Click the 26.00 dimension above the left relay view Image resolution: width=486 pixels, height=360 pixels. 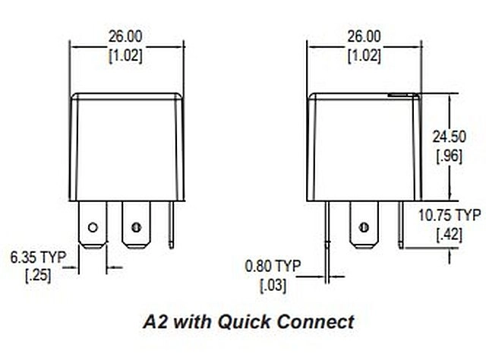click(125, 36)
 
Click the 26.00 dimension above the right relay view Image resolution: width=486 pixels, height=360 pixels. click(364, 36)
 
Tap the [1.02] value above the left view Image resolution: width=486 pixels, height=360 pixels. click(125, 56)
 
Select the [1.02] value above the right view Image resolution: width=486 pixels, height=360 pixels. click(364, 56)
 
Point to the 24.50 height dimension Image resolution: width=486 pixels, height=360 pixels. click(449, 137)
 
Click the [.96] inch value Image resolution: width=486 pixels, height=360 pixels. click(449, 156)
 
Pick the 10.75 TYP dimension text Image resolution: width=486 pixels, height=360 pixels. click(450, 215)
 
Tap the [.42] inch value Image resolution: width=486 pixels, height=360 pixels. click(449, 235)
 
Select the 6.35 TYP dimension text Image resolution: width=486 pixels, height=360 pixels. click(39, 257)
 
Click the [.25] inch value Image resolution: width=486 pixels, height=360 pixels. click(38, 276)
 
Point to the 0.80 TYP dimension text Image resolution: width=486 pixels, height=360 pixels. click(273, 266)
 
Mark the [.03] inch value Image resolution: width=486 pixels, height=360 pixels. click(273, 285)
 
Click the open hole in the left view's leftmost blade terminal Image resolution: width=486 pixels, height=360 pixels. click(93, 228)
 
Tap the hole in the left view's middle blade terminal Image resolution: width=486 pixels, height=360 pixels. click(136, 228)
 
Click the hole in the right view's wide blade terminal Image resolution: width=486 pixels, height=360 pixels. click(364, 228)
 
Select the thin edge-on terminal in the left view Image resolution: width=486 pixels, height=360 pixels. click(172, 225)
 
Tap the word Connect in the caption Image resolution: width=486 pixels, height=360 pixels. click(316, 322)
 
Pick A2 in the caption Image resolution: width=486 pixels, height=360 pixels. click(155, 322)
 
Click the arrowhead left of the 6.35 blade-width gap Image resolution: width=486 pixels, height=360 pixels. click(74, 267)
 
